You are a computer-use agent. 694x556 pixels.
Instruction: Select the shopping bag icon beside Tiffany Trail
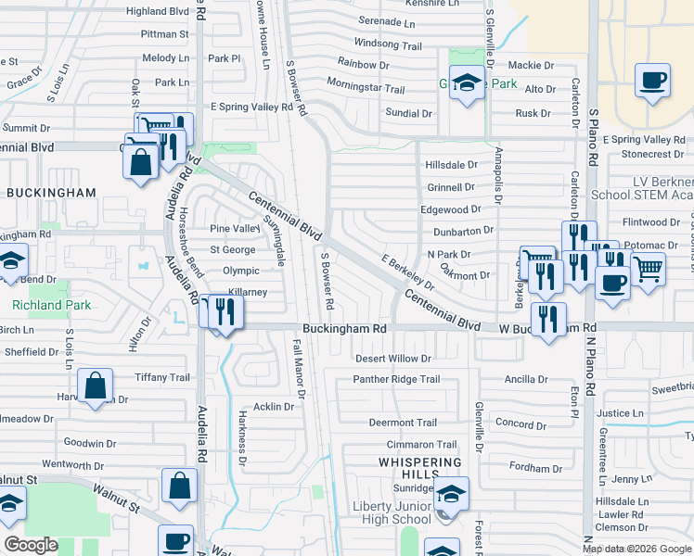click(x=96, y=385)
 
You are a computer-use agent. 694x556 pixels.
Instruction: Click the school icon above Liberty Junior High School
click(x=451, y=493)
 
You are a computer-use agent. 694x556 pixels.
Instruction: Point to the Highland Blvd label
click(x=157, y=11)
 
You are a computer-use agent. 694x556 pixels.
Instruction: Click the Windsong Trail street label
click(x=388, y=44)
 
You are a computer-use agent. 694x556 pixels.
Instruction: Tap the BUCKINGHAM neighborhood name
click(x=51, y=193)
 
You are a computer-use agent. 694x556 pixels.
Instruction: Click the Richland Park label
click(x=38, y=305)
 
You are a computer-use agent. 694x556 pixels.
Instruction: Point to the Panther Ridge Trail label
click(x=396, y=380)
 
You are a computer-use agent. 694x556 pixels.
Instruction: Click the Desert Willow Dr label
click(x=394, y=359)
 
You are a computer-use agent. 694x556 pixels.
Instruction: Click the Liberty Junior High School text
click(x=392, y=512)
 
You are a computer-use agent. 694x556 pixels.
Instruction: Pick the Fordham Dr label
click(x=523, y=469)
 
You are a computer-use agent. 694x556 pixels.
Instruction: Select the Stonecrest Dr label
click(x=653, y=154)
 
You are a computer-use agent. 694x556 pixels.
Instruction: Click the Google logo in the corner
click(x=31, y=545)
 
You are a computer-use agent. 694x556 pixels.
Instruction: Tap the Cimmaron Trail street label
click(x=422, y=446)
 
